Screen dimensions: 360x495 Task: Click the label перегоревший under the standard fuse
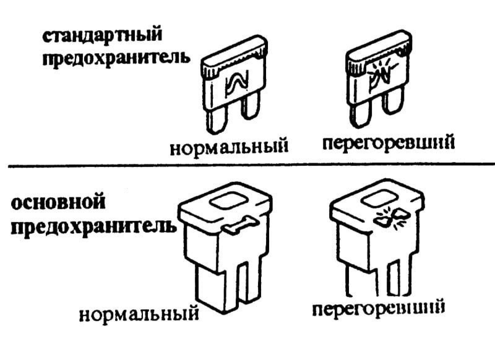388,144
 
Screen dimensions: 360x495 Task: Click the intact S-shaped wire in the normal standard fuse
237,82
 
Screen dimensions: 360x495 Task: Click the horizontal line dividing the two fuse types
247,165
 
